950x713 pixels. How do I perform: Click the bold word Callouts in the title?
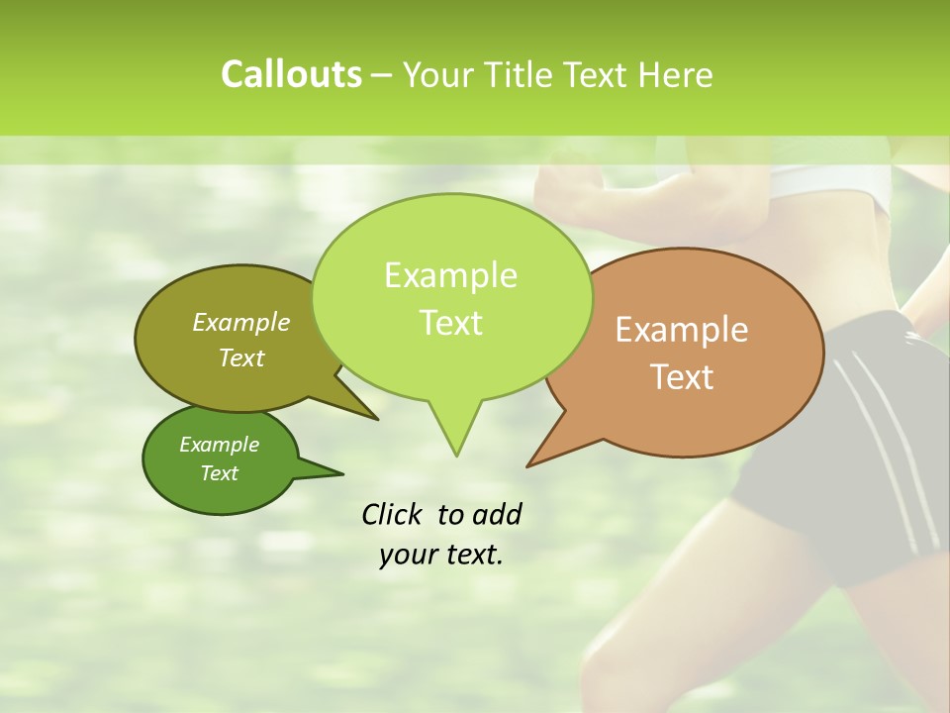(291, 75)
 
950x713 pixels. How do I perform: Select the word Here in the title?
(676, 75)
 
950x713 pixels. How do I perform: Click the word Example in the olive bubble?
(241, 323)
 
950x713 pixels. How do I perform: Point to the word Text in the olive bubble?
(241, 358)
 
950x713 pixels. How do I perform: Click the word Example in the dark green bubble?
(219, 445)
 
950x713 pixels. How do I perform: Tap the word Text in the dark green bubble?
(219, 473)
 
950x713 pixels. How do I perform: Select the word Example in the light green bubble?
(450, 275)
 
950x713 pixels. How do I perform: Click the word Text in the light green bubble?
(450, 323)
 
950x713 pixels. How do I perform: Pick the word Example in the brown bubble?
(682, 330)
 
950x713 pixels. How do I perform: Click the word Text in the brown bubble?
(682, 377)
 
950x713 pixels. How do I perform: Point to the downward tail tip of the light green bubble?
(456, 455)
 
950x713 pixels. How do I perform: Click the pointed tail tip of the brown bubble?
(527, 465)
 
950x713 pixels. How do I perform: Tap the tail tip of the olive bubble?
(377, 419)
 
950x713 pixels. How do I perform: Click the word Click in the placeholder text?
(393, 515)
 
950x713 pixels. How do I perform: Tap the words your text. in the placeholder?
(441, 555)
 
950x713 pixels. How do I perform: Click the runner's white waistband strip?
(831, 188)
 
